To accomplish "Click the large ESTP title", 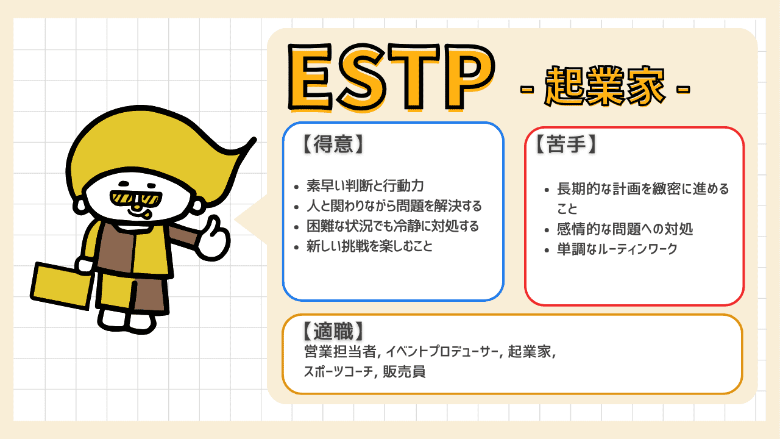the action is (391, 77).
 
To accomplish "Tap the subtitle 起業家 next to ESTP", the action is (605, 86).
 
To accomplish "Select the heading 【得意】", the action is (333, 145).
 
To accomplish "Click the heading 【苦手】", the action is (566, 145).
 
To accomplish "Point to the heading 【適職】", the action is (333, 331).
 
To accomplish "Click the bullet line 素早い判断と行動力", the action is (365, 186).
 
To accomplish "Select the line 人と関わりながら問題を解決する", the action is (394, 206).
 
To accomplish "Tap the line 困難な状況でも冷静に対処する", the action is (392, 226).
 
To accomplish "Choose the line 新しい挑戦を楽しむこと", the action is (369, 246).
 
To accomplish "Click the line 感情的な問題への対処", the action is (625, 229).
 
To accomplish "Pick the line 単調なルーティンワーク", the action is (617, 249).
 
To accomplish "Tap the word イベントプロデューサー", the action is (442, 352).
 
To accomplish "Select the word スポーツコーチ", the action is (338, 372).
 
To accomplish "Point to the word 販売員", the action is (404, 372).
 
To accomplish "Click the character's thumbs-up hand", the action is (213, 238).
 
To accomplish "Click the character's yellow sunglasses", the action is (136, 199).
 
